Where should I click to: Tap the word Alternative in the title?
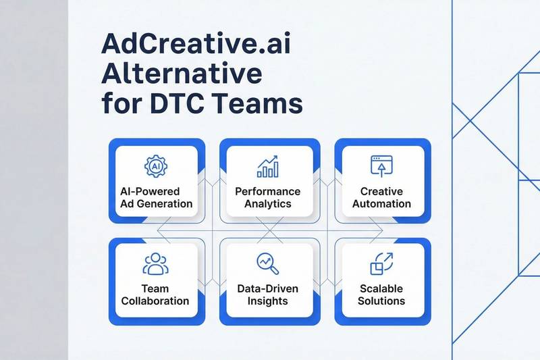pos(171,75)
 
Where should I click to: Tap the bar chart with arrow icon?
pos(268,166)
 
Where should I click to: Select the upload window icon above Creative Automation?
pos(381,165)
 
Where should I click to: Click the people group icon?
pos(155,264)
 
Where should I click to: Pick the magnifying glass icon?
pos(267,263)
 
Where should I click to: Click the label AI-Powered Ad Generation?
pos(155,197)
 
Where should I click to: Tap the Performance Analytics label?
pos(268,197)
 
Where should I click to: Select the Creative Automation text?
pos(381,197)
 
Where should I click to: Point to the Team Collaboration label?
pos(155,294)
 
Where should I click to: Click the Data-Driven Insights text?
pos(268,294)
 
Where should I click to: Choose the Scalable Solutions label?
pos(382,294)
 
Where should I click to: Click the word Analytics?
pos(268,203)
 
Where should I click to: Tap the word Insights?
pos(268,301)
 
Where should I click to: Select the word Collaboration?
pos(155,301)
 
